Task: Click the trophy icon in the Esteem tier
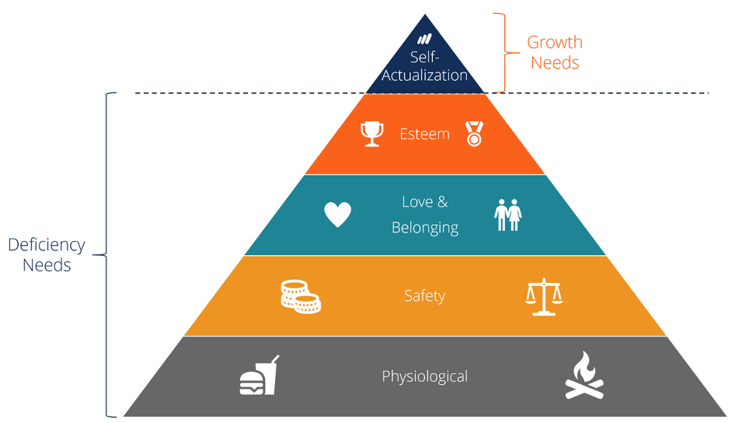(x=373, y=134)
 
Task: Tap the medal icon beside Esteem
(x=473, y=134)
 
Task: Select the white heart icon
(x=338, y=215)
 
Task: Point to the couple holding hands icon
(x=509, y=215)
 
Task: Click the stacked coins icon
(x=301, y=296)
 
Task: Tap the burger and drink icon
(x=259, y=376)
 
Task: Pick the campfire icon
(x=584, y=376)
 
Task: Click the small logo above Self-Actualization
(x=424, y=38)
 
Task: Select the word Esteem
(x=424, y=134)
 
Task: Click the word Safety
(x=424, y=296)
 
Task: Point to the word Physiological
(x=424, y=377)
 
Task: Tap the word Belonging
(x=424, y=228)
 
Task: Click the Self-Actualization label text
(x=424, y=66)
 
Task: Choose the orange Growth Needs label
(x=555, y=52)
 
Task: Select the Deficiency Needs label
(x=47, y=254)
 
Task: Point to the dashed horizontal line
(x=622, y=93)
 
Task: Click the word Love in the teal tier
(x=417, y=202)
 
